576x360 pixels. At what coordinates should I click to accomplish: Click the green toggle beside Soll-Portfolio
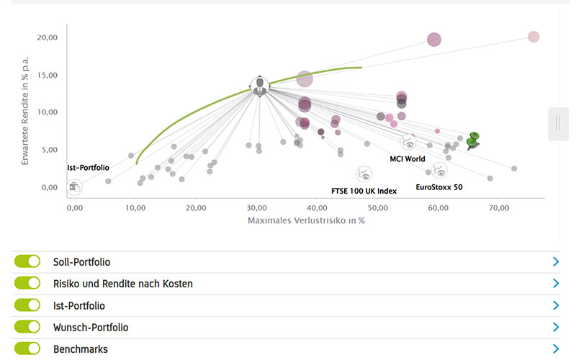(27, 262)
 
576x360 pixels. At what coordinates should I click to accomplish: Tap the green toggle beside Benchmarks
(27, 348)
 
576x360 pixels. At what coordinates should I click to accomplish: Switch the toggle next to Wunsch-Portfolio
(27, 327)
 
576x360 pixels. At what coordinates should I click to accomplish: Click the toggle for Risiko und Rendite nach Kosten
(27, 284)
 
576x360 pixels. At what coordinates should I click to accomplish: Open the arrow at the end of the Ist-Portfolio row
(555, 305)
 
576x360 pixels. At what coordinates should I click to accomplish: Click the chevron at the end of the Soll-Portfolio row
(555, 262)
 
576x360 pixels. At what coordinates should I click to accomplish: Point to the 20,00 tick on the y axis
(48, 37)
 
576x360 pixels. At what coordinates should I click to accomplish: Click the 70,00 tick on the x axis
(498, 207)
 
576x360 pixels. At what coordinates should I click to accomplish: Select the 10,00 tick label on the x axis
(135, 207)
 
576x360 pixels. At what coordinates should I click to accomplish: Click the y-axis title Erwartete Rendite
(24, 108)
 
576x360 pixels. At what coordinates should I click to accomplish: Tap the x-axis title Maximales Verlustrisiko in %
(306, 220)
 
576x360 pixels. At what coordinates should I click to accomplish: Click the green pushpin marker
(472, 139)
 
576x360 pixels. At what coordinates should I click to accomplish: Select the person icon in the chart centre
(259, 86)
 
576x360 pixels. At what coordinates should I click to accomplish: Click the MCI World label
(407, 158)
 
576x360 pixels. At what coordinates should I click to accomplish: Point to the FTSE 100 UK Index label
(364, 191)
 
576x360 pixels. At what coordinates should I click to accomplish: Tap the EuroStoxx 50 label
(439, 186)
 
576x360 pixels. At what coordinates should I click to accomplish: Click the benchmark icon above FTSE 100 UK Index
(364, 174)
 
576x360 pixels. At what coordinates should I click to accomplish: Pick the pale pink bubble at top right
(534, 37)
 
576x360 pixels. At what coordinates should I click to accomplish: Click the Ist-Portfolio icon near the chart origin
(73, 186)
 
